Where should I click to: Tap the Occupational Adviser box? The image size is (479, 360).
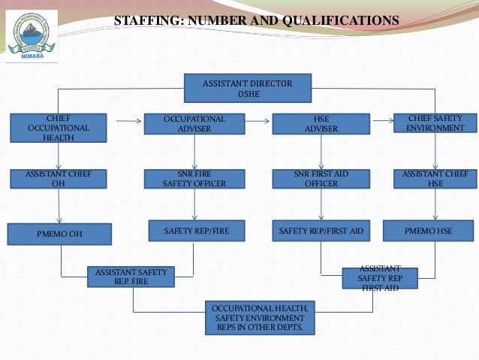(x=194, y=124)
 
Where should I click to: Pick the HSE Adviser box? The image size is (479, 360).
(x=321, y=124)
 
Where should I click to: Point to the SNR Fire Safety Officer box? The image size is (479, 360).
(x=194, y=179)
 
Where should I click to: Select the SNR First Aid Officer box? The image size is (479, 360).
(x=321, y=179)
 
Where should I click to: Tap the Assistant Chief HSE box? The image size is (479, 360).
(x=435, y=179)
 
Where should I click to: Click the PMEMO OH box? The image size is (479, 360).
(x=59, y=234)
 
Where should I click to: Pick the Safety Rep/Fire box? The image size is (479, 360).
(x=196, y=231)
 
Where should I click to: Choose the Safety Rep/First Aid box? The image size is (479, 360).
(x=321, y=231)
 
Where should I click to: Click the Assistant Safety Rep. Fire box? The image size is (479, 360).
(x=131, y=277)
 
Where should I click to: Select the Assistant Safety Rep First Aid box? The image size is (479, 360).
(x=379, y=277)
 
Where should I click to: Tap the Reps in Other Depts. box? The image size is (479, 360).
(x=259, y=318)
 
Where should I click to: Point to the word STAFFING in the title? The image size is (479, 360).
(x=146, y=21)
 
